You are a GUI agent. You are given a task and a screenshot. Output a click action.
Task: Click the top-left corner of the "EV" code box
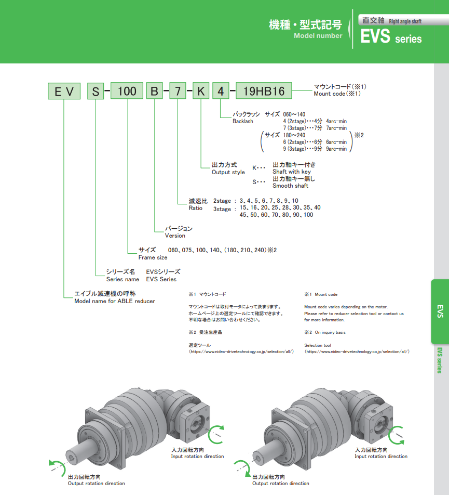[x=48, y=83]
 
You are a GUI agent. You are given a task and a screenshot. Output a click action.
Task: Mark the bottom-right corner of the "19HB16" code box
[x=292, y=99]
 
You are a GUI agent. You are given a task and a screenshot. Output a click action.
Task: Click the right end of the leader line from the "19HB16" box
[x=312, y=90]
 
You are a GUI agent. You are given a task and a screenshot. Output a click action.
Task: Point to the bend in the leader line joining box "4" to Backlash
[x=220, y=118]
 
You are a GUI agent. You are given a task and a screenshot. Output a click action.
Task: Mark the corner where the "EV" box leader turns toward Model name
[x=64, y=297]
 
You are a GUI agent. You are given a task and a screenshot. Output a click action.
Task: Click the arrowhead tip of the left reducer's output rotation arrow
[x=50, y=463]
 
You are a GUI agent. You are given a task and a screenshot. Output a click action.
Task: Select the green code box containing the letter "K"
[x=201, y=91]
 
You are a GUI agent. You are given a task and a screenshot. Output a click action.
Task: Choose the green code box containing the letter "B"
[x=154, y=91]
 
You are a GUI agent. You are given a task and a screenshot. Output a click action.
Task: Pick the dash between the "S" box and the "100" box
[x=107, y=91]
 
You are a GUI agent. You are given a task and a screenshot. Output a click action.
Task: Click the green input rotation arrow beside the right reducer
[x=396, y=435]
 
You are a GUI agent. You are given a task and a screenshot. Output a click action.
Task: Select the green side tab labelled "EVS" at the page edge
[x=440, y=311]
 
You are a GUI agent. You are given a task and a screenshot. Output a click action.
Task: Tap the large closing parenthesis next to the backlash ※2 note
[x=351, y=141]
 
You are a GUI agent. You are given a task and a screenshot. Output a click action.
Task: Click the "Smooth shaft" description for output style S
[x=290, y=186]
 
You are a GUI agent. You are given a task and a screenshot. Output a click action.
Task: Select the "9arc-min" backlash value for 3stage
[x=336, y=149]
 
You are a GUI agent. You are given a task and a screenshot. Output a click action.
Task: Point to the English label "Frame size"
[x=153, y=257]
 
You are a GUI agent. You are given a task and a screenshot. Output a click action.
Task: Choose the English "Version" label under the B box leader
[x=175, y=236]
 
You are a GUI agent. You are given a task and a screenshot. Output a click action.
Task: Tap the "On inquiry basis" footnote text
[x=330, y=332]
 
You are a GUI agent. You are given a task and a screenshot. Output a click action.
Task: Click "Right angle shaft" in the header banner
[x=405, y=21]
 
